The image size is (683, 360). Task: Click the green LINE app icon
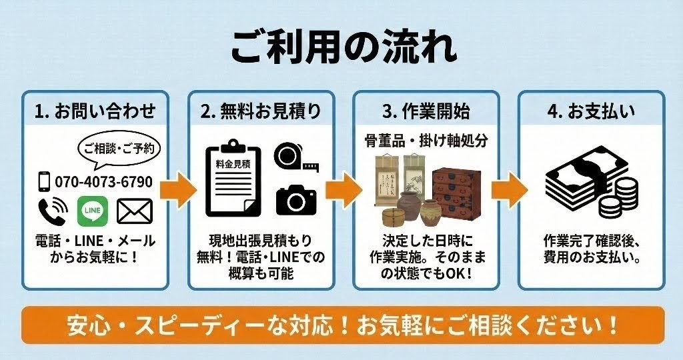click(93, 211)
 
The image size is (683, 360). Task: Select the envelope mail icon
click(135, 211)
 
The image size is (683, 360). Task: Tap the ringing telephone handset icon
click(51, 211)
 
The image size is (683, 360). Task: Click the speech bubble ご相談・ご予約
click(120, 148)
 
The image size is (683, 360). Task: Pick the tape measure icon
click(295, 156)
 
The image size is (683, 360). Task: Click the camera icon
click(295, 199)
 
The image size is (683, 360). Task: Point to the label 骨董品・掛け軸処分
click(426, 141)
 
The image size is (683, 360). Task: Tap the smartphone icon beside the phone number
click(44, 181)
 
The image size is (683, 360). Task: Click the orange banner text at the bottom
click(342, 325)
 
